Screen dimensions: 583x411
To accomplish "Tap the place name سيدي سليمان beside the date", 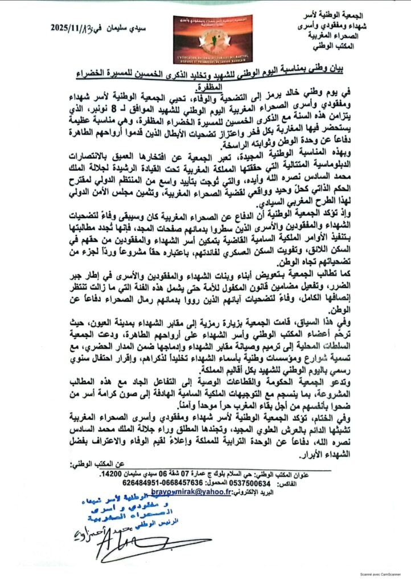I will coord(130,26).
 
